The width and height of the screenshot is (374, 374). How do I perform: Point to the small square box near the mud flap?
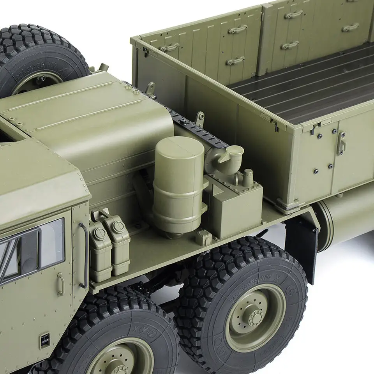pos(203,237)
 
